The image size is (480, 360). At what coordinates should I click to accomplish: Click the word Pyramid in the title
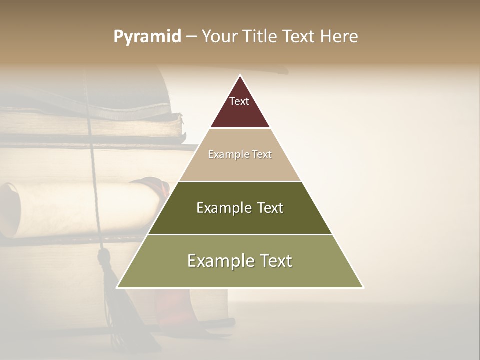point(147,37)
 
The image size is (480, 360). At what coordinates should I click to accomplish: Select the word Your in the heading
point(220,36)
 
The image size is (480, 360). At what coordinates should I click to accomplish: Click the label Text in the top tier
point(239,101)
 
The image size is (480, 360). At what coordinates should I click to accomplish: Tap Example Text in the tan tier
point(240,155)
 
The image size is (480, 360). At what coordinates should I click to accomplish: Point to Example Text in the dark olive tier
point(240,208)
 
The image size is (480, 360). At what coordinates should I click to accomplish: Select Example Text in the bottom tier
point(240,261)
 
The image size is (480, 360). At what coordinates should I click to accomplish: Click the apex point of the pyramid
point(240,75)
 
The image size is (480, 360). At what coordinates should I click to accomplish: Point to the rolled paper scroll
point(75,207)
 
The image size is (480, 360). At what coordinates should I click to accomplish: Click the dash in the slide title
point(191,36)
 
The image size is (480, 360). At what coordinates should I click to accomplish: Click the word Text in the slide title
point(300,36)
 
